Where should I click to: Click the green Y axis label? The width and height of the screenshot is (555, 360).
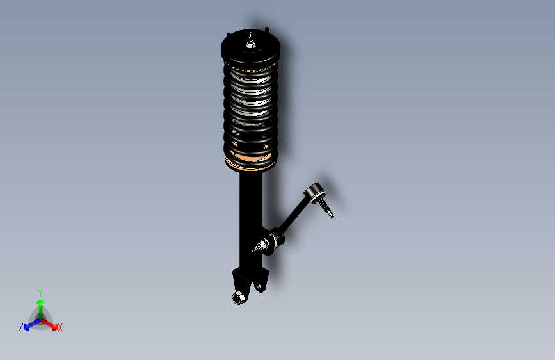pyautogui.click(x=40, y=292)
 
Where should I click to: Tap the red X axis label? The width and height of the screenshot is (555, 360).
pyautogui.click(x=60, y=327)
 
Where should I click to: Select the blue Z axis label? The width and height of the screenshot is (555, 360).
pyautogui.click(x=21, y=327)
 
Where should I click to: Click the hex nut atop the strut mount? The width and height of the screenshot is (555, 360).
pyautogui.click(x=250, y=45)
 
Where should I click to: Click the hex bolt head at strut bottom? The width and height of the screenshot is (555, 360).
pyautogui.click(x=237, y=297)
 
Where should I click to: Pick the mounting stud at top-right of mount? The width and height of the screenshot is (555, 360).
pyautogui.click(x=266, y=30)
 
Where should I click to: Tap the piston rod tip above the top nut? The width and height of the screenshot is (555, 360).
pyautogui.click(x=251, y=36)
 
